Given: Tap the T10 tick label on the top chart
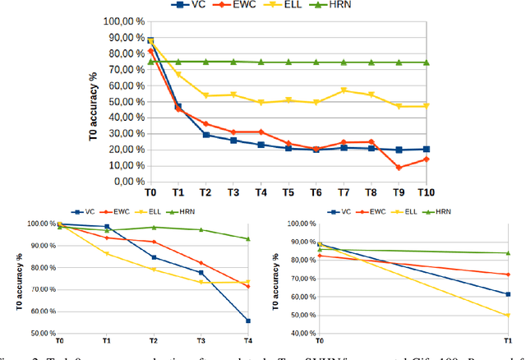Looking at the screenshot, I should click(426, 193).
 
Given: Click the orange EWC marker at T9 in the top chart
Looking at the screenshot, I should click(399, 168).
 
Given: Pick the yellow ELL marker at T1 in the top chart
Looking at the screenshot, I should click(178, 75).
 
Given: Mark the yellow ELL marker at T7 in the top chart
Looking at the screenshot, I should click(344, 90).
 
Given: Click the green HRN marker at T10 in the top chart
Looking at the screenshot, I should click(426, 62).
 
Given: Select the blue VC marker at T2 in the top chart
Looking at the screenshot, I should click(205, 135).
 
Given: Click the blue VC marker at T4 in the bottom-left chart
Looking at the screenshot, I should click(248, 321).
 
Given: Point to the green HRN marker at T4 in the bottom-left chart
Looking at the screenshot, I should click(248, 239).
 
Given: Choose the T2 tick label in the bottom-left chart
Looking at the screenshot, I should click(154, 341).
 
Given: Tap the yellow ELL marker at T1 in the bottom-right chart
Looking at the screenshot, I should click(508, 315).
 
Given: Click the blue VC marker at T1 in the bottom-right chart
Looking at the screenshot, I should click(508, 294).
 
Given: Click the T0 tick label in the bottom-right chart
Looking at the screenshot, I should click(319, 341).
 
